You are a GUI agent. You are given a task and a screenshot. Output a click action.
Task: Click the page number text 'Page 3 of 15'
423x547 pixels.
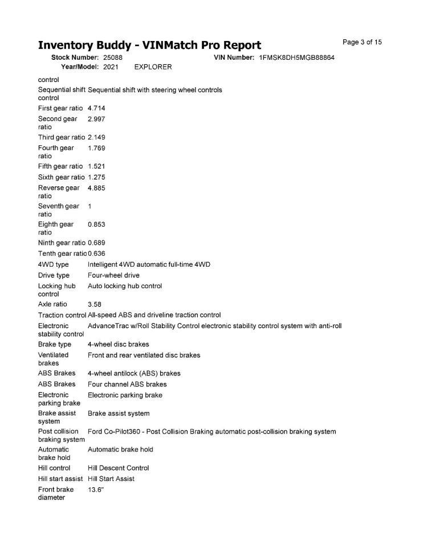coord(362,42)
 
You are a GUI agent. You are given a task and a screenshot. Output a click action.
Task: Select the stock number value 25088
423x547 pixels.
coord(113,58)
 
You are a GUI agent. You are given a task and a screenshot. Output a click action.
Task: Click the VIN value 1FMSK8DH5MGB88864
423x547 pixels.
coord(296,58)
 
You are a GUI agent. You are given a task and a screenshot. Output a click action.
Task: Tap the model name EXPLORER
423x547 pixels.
coord(153,67)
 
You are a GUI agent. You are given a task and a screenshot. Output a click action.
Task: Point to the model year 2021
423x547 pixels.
coord(111,67)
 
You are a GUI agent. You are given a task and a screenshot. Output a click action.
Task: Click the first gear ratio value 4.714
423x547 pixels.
coord(96,108)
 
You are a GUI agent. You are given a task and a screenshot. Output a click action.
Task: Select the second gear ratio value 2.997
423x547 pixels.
coord(96,119)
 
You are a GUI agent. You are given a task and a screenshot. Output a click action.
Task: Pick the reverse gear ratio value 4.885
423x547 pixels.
coord(96,188)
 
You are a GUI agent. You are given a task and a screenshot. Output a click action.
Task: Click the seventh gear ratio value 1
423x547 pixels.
coord(90,206)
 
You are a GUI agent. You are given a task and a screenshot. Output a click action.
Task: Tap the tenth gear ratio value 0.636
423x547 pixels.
coord(96,254)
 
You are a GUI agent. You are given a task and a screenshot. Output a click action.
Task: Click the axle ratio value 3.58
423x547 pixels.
coord(95,305)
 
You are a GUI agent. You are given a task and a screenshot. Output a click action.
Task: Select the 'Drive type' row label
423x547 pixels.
coord(54,276)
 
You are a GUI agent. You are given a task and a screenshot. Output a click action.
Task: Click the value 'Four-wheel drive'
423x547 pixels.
coord(113,276)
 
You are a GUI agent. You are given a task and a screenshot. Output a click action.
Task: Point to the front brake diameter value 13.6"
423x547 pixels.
coord(96,489)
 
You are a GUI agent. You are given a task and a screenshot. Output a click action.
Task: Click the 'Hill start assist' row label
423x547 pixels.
coord(60,479)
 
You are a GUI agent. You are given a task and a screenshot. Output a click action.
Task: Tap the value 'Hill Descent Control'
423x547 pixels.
coord(118,468)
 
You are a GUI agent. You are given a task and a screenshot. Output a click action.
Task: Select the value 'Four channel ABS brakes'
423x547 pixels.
coord(127,385)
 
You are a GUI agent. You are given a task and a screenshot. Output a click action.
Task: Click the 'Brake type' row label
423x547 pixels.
coord(55,345)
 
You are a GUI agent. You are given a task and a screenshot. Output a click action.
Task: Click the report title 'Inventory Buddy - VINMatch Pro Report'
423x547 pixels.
coord(149,46)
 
